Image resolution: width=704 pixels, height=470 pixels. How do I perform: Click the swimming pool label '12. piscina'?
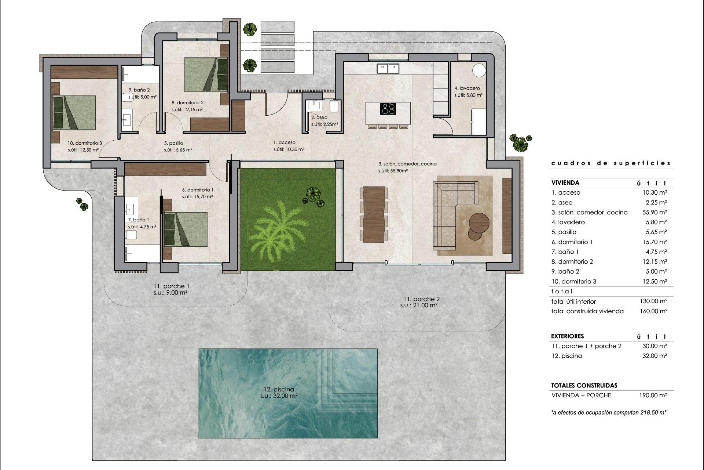pos(279,389)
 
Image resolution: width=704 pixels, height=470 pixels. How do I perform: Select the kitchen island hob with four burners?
pos(388,109)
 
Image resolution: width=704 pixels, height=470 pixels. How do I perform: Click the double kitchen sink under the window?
pos(388,68)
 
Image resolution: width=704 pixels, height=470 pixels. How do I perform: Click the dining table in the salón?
pos(374,214)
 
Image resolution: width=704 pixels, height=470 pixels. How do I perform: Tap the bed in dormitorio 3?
pos(74,113)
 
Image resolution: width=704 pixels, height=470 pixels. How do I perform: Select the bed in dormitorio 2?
pos(206,75)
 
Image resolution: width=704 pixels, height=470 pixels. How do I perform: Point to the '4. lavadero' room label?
pos(467,88)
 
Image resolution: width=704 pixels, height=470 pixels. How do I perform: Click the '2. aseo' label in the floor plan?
pos(319,117)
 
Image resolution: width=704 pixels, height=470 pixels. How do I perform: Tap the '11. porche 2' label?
pos(419,299)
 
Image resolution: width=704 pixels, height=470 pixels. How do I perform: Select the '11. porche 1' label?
pos(171,286)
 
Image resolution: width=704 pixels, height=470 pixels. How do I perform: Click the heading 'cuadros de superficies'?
pos(611,163)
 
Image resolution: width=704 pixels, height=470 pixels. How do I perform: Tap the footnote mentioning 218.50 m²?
pos(609,412)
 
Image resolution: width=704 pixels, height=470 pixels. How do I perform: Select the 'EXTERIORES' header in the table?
pos(567,336)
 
